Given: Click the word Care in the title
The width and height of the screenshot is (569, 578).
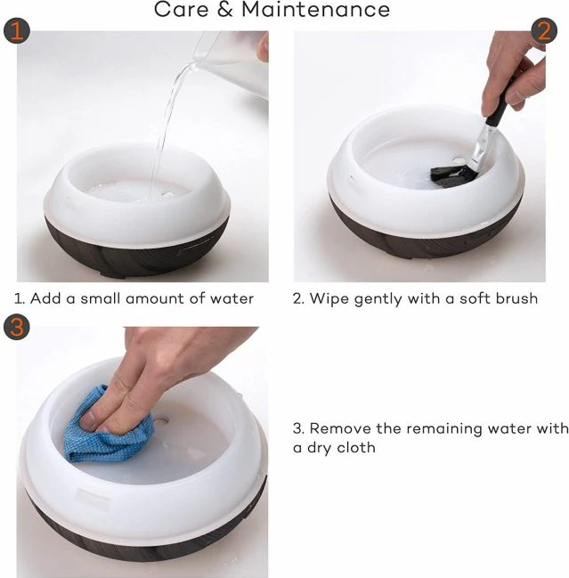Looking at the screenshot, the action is click(181, 9).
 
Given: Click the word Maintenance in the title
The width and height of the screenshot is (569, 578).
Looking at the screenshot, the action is click(315, 9).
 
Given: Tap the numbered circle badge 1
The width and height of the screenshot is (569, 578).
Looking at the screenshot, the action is click(17, 31).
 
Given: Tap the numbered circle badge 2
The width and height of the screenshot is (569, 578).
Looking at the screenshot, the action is click(544, 30).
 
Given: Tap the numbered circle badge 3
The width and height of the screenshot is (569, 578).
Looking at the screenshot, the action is click(17, 327).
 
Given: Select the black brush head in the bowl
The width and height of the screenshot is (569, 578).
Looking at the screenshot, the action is click(452, 176).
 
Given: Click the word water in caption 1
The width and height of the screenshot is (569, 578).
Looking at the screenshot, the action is click(232, 298).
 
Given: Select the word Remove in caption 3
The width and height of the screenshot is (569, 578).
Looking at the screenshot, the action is click(340, 428).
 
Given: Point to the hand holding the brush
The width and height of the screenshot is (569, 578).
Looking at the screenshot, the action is click(514, 70).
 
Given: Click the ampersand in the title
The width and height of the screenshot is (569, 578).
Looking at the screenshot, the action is click(224, 9).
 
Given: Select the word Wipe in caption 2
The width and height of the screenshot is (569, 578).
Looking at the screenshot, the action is click(329, 298).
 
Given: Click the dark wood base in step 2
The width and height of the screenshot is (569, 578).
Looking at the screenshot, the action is click(424, 236).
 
